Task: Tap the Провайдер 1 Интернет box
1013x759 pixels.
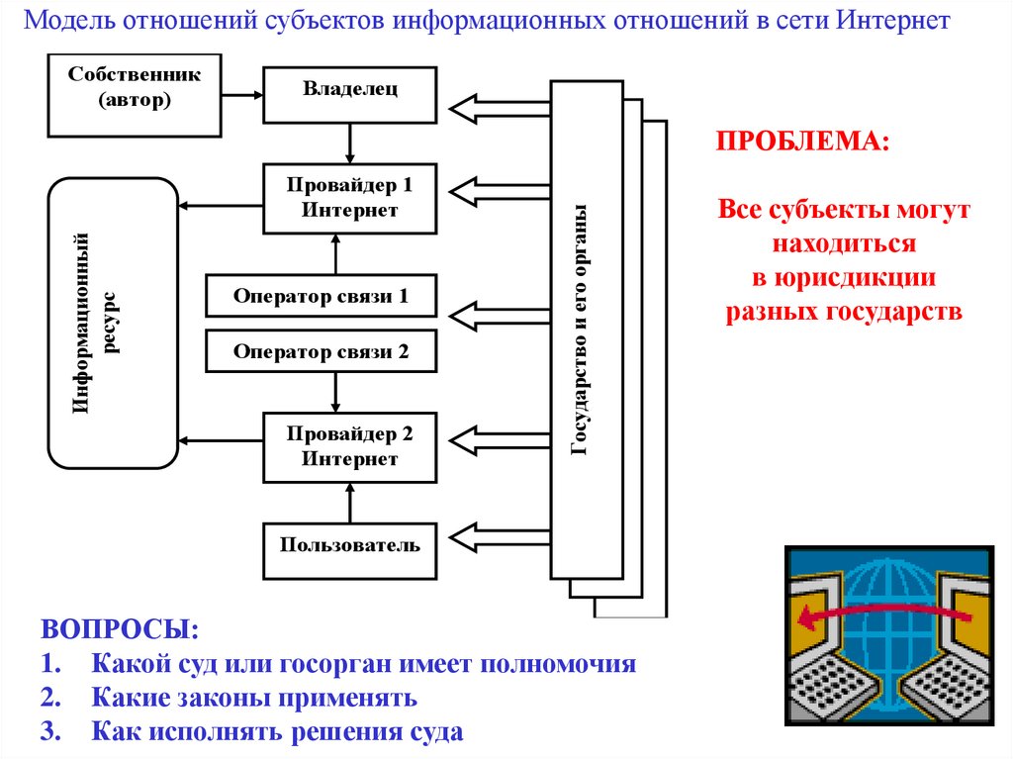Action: coord(350,198)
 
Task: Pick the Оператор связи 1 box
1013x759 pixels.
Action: coord(321,296)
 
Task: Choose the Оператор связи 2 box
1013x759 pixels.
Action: coord(321,350)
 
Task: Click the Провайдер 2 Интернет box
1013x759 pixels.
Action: coord(350,446)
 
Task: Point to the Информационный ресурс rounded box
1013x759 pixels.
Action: coord(113,323)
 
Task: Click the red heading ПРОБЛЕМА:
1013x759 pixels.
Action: coord(802,140)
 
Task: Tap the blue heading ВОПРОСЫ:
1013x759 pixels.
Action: coord(118,630)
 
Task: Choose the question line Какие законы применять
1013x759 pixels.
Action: coord(255,698)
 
